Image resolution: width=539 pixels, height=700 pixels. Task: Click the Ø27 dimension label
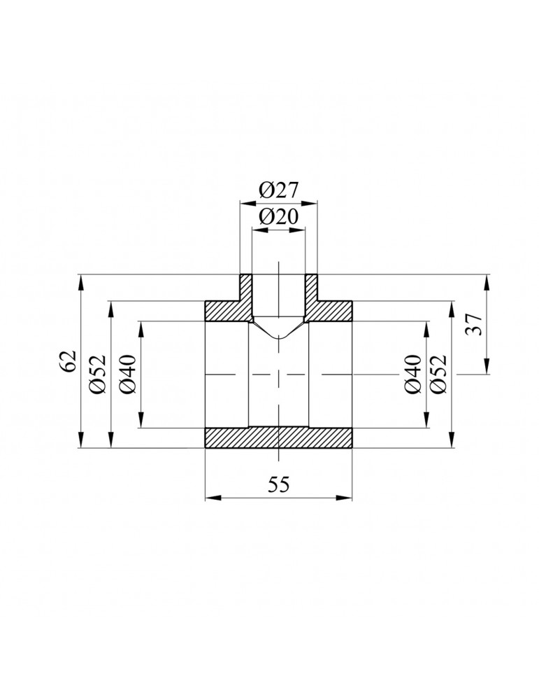(x=278, y=191)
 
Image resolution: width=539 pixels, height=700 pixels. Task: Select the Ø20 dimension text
(x=278, y=217)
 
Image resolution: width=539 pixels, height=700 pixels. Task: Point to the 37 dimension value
(x=473, y=325)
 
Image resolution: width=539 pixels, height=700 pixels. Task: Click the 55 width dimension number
(x=279, y=484)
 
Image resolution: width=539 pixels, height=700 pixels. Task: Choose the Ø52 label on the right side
(x=438, y=374)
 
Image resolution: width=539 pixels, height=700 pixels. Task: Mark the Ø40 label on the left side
(x=127, y=374)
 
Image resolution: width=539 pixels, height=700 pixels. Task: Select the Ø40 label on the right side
(x=412, y=374)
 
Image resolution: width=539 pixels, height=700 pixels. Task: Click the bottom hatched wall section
(x=278, y=437)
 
